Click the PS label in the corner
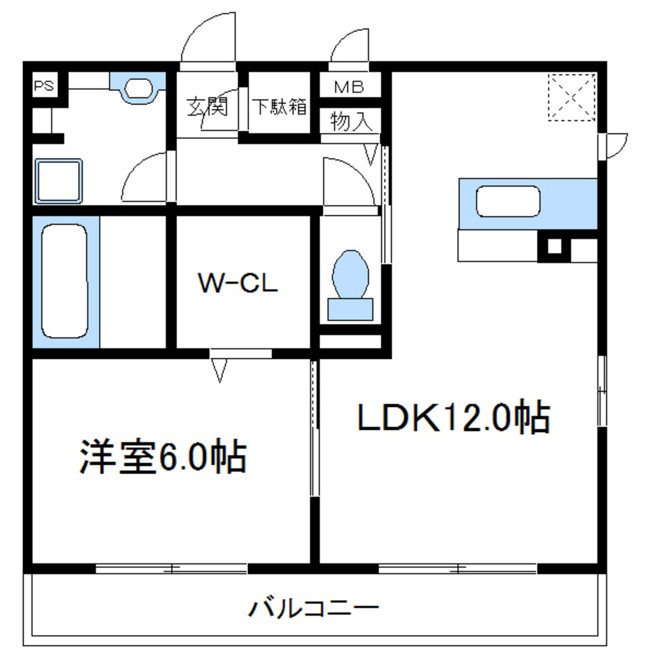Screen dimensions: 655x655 45,85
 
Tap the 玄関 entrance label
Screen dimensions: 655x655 207,106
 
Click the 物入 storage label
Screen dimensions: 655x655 352,121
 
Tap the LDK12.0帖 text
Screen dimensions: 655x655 452,417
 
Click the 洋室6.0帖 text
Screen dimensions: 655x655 163,457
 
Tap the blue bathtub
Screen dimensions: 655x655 64,282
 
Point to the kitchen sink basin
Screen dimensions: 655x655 508,201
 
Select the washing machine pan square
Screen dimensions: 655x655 59,180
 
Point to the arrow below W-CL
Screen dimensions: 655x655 220,370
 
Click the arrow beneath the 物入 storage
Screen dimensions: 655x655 371,155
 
